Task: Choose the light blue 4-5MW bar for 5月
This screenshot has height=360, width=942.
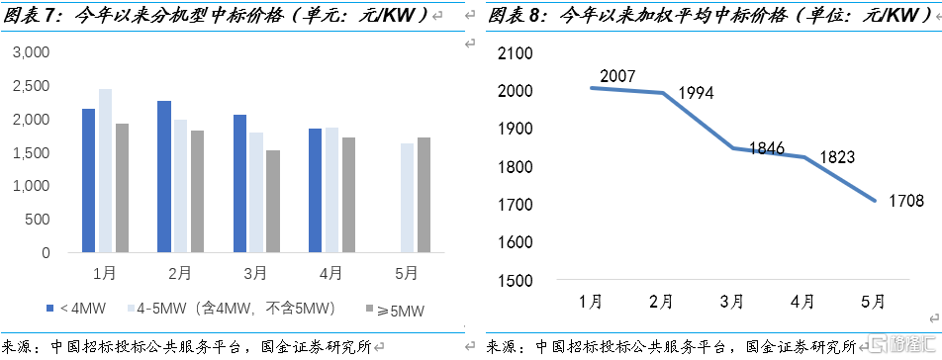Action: point(407,198)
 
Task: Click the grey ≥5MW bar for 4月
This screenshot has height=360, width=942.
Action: point(348,195)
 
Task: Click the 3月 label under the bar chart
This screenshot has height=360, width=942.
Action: point(255,272)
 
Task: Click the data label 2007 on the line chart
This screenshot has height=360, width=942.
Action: point(616,75)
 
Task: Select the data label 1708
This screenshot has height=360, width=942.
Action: point(905,202)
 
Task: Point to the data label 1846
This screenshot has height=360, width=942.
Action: point(767,149)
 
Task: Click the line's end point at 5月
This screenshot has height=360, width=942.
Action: point(875,201)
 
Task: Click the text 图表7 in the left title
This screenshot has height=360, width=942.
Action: point(30,15)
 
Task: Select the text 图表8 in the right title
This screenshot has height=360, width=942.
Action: point(515,15)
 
